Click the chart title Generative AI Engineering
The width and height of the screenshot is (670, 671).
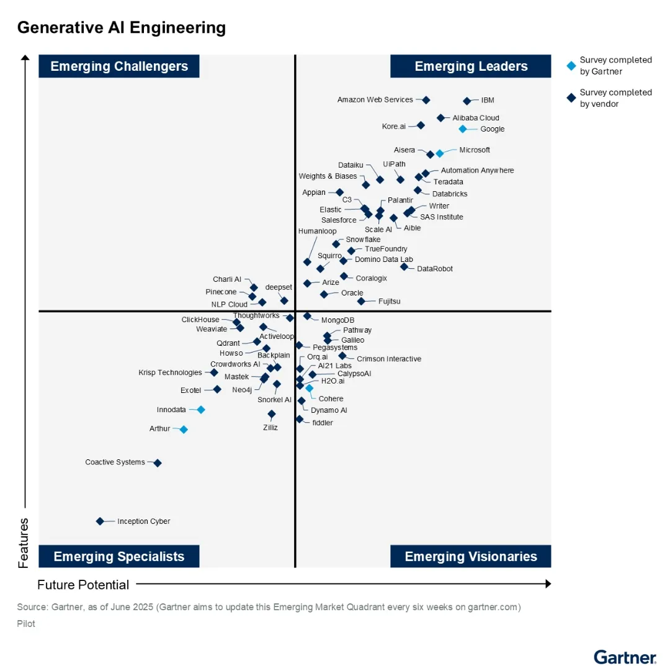pos(121,28)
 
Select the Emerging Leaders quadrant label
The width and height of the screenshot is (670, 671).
pos(471,66)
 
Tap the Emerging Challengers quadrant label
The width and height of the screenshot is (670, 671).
pos(119,66)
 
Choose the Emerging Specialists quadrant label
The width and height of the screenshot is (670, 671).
pos(119,556)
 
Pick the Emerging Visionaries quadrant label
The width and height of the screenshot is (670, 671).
pos(471,556)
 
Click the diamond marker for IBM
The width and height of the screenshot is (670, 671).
pos(467,101)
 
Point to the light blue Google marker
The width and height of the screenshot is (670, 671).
pos(462,129)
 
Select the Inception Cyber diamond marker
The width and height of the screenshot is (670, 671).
pos(100,521)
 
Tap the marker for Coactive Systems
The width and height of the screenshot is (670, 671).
pos(158,463)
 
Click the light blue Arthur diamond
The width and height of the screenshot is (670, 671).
pos(184,430)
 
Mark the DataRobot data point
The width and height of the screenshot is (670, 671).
pos(404,267)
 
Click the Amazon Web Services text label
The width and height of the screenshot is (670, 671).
pos(375,100)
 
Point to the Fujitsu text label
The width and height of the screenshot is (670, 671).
pos(390,302)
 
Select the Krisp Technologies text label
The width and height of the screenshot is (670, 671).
pos(170,373)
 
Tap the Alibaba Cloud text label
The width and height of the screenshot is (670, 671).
pos(476,118)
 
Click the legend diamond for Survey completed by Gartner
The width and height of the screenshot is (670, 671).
pos(571,65)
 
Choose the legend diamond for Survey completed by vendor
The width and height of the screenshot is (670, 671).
pos(571,97)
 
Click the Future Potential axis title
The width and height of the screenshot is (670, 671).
pos(83,585)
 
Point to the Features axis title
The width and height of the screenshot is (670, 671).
pos(24,543)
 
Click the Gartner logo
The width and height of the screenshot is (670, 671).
pos(625,657)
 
